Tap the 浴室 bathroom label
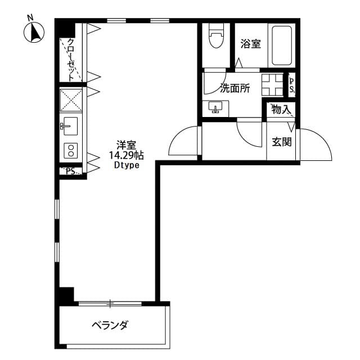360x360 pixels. coord(250,44)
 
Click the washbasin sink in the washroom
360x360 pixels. coord(215,107)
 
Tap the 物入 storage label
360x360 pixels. coord(280,109)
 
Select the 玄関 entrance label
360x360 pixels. coord(281,142)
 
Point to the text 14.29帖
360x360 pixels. coord(126,155)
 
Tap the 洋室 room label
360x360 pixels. coord(126,144)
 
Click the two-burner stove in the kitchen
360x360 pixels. coord(71,150)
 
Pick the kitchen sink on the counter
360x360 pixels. coord(70,126)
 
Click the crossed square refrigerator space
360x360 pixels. coord(71,100)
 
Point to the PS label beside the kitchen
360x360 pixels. coord(71,172)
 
